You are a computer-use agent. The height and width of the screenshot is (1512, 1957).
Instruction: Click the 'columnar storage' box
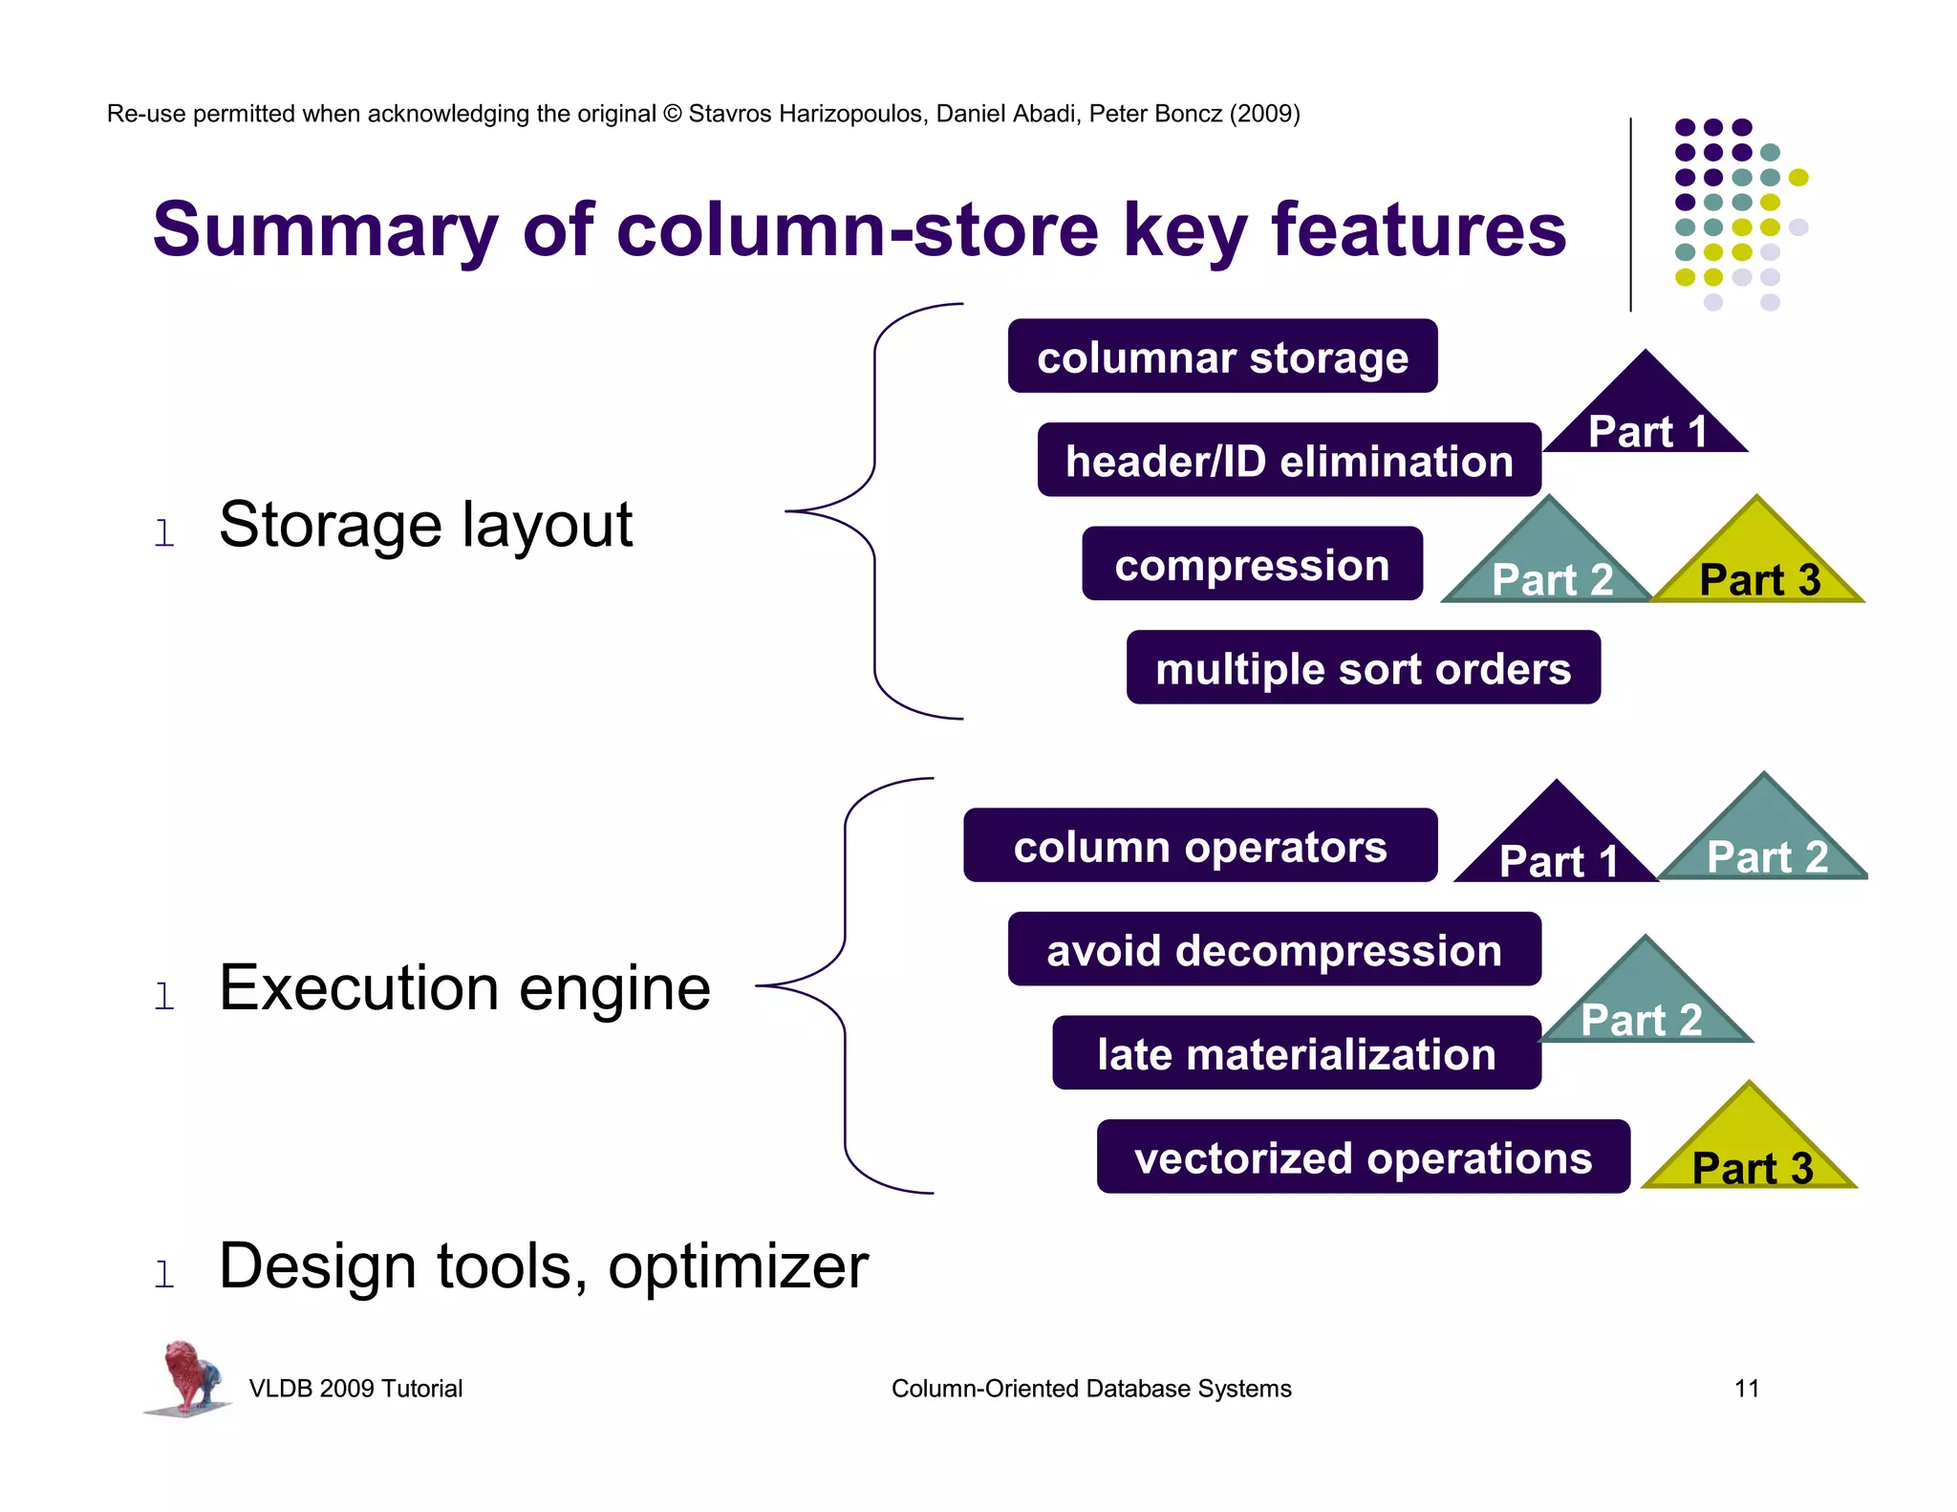1221,356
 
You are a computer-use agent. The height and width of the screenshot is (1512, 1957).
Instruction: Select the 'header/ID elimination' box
1288,461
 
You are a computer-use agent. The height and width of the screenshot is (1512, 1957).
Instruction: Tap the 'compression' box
1251,564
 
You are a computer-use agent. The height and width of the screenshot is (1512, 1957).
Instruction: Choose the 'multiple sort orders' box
1362,668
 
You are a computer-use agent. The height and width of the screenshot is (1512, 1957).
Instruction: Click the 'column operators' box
1199,846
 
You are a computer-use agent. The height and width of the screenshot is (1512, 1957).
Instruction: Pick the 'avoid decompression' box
1273,949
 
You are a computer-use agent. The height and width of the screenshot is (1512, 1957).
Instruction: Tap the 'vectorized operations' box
1362,1157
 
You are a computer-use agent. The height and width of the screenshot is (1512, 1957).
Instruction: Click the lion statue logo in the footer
188,1376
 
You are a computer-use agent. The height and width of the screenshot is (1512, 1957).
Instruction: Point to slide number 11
1746,1388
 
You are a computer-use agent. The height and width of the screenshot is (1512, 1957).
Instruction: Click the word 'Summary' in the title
325,231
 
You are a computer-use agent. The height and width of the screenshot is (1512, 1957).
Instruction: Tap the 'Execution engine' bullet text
464,988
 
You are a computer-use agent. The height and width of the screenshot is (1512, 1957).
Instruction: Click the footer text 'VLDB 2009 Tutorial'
355,1388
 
